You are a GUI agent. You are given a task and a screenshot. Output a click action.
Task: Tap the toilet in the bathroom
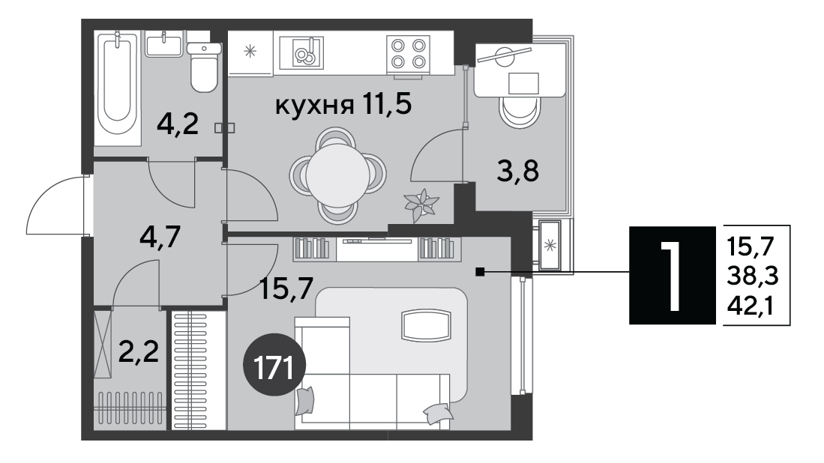(x=204, y=67)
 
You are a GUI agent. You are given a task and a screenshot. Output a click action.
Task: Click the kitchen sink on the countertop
(x=301, y=52)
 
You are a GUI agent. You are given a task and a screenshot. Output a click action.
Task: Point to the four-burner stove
(x=408, y=53)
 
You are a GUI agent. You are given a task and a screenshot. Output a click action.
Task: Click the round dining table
(x=338, y=175)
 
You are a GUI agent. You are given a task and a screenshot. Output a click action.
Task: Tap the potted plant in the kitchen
(x=421, y=205)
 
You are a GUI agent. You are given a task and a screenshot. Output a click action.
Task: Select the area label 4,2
(x=178, y=124)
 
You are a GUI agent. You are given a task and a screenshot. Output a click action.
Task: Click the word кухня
(x=314, y=106)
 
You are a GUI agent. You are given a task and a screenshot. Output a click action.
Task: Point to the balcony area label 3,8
(x=518, y=171)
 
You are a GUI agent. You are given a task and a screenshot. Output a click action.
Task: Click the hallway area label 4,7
(x=160, y=237)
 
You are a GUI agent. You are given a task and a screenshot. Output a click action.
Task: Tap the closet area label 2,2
(x=139, y=351)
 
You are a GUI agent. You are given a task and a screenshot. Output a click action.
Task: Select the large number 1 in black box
(x=672, y=275)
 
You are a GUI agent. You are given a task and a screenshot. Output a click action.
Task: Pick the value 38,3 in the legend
(x=753, y=275)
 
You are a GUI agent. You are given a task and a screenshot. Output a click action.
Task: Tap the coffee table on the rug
(x=426, y=325)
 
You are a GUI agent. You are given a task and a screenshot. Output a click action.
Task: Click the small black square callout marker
(x=479, y=271)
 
